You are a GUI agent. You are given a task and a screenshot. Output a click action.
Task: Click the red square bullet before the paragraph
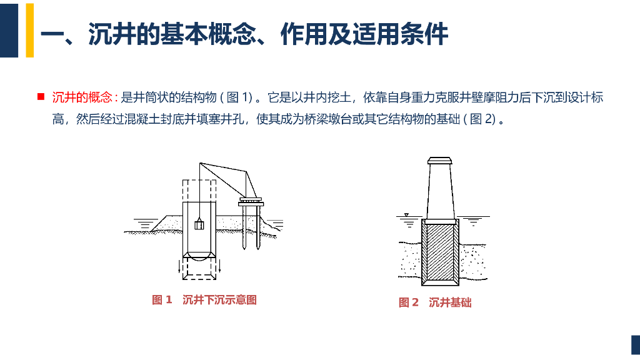41,97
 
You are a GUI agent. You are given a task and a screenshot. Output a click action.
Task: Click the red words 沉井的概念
82,97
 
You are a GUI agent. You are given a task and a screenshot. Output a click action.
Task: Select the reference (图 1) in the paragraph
237,97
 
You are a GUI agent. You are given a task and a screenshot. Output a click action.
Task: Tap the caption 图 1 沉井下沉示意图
204,300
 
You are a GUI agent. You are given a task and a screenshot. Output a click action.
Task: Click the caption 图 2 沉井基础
435,302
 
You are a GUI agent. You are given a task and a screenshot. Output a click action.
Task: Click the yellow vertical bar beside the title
30,30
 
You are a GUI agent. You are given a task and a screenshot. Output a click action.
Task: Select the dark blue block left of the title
9,30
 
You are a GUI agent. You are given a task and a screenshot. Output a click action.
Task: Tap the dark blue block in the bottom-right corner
636,345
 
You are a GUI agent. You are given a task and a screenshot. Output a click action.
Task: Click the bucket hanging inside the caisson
199,224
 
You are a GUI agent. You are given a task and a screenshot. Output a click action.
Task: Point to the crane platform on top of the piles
251,202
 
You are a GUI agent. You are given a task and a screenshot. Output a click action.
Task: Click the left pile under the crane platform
244,227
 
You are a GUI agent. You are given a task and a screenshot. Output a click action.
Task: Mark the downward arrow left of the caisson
179,266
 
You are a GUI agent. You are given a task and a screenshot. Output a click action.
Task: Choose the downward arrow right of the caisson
219,266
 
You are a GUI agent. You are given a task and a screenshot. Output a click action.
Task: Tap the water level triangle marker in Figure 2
406,215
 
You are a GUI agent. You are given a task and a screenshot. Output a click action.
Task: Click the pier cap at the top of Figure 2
439,161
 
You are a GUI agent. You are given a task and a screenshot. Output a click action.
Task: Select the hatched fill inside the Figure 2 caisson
440,252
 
